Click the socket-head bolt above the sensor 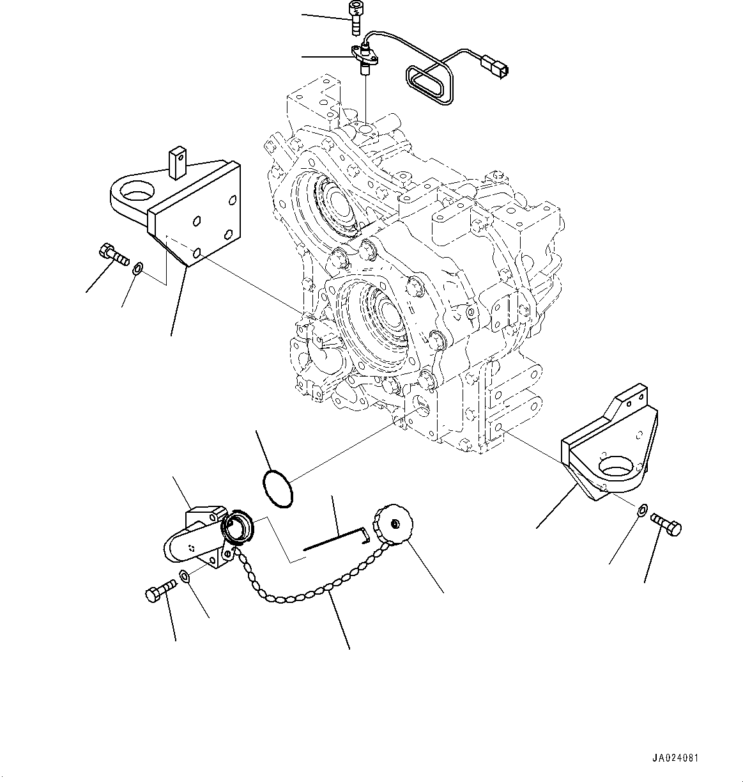[353, 18]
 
